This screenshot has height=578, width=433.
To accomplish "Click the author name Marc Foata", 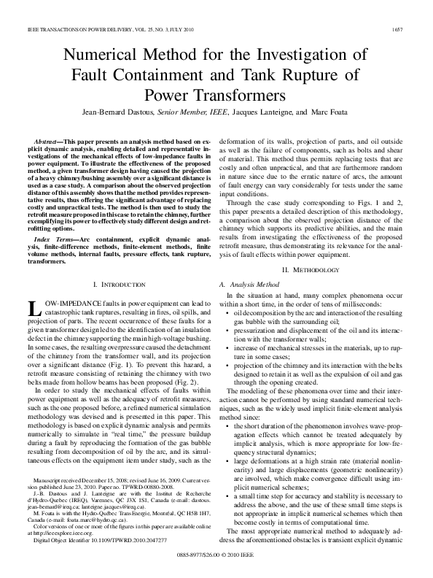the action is tap(332, 112).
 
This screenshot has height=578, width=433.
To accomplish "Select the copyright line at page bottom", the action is tap(216, 556).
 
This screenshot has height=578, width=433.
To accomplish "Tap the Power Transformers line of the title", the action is tap(216, 93).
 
